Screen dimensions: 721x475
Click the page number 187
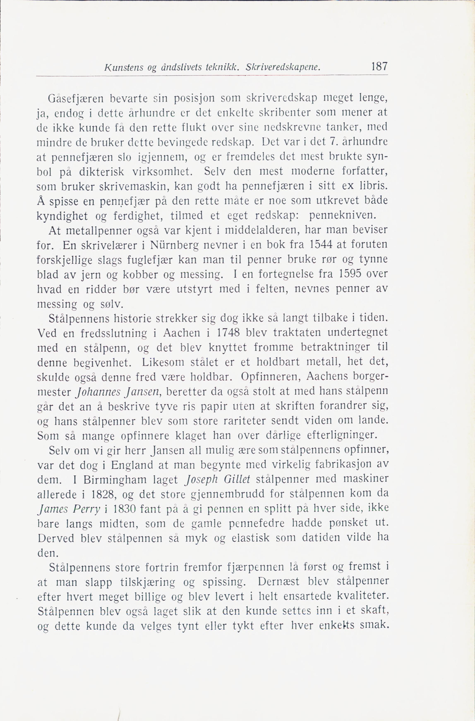coord(379,66)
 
